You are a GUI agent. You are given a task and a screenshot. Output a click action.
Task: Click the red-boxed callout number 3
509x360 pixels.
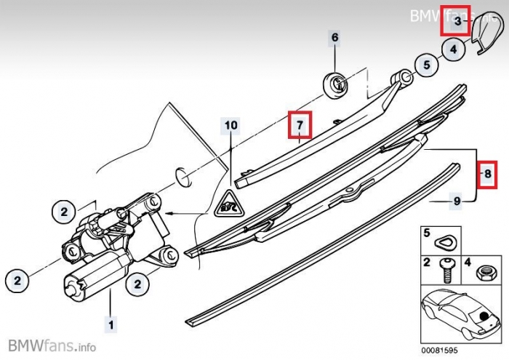(457, 23)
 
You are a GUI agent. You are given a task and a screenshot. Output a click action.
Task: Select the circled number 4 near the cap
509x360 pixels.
(453, 49)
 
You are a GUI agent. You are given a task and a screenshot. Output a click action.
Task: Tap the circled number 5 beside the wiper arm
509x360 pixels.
(426, 65)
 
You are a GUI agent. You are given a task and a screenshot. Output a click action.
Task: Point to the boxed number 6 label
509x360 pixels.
(334, 37)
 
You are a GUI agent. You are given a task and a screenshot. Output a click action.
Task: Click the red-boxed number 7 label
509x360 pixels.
(299, 125)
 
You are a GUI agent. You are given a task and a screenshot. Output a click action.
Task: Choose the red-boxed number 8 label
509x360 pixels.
(487, 173)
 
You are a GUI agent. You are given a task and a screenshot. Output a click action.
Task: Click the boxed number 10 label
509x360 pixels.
(231, 125)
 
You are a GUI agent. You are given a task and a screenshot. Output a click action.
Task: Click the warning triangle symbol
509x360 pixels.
(231, 201)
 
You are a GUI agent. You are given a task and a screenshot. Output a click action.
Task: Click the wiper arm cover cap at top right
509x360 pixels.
(481, 38)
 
